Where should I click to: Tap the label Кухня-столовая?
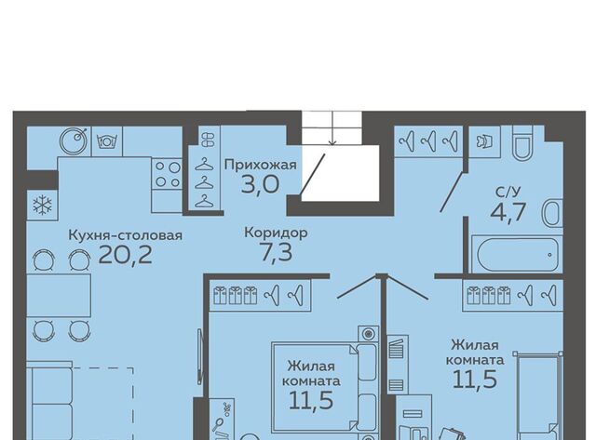coord(125,234)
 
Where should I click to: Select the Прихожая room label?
coord(260,165)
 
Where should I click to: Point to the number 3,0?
coord(260,183)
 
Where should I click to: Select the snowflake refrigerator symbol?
coord(42,205)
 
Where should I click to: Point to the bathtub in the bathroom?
coord(515,255)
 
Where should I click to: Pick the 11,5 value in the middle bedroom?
coord(312,401)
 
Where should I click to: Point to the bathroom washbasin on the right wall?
coord(553,214)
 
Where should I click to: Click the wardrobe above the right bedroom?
coord(513,296)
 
